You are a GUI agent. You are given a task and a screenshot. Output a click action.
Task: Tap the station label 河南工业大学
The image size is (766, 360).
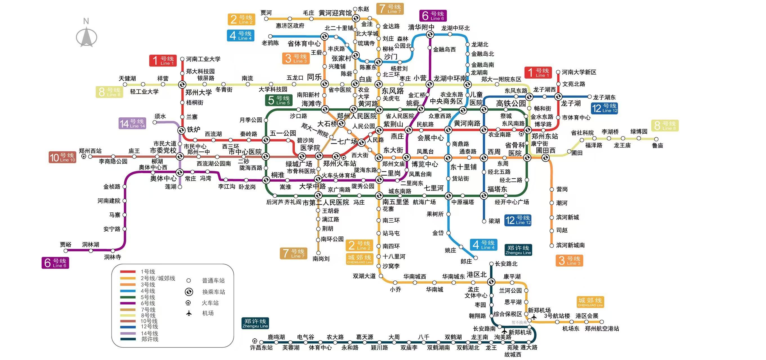[203, 59]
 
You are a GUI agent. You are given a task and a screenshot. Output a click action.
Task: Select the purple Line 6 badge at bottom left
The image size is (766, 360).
[55, 263]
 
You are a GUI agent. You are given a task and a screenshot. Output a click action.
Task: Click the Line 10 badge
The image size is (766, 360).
[62, 157]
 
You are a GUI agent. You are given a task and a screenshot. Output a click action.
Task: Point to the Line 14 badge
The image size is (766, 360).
[132, 123]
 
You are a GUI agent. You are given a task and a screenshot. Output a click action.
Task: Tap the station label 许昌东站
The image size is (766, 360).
[261, 348]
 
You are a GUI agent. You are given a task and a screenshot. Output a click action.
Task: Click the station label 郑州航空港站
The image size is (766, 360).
[602, 328]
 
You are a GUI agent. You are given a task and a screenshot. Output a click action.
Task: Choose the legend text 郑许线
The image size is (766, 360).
[150, 339]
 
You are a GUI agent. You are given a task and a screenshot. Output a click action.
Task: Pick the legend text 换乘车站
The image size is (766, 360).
[213, 292]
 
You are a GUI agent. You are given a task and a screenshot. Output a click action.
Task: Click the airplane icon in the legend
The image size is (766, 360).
[189, 313]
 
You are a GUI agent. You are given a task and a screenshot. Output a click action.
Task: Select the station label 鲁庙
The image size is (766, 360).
[657, 146]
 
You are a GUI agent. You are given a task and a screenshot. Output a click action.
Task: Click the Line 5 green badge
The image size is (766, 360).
[279, 100]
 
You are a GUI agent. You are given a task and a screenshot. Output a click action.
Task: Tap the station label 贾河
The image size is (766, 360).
[266, 13]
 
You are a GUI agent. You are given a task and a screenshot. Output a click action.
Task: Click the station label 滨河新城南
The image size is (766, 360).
[570, 245]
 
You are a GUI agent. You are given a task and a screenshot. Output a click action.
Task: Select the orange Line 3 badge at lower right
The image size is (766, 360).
[569, 261]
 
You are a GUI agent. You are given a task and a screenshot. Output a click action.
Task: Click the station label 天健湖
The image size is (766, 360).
[127, 78]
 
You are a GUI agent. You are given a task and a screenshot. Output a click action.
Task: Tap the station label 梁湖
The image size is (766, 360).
[494, 221]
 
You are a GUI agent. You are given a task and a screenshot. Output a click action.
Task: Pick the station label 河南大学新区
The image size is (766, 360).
[579, 72]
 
